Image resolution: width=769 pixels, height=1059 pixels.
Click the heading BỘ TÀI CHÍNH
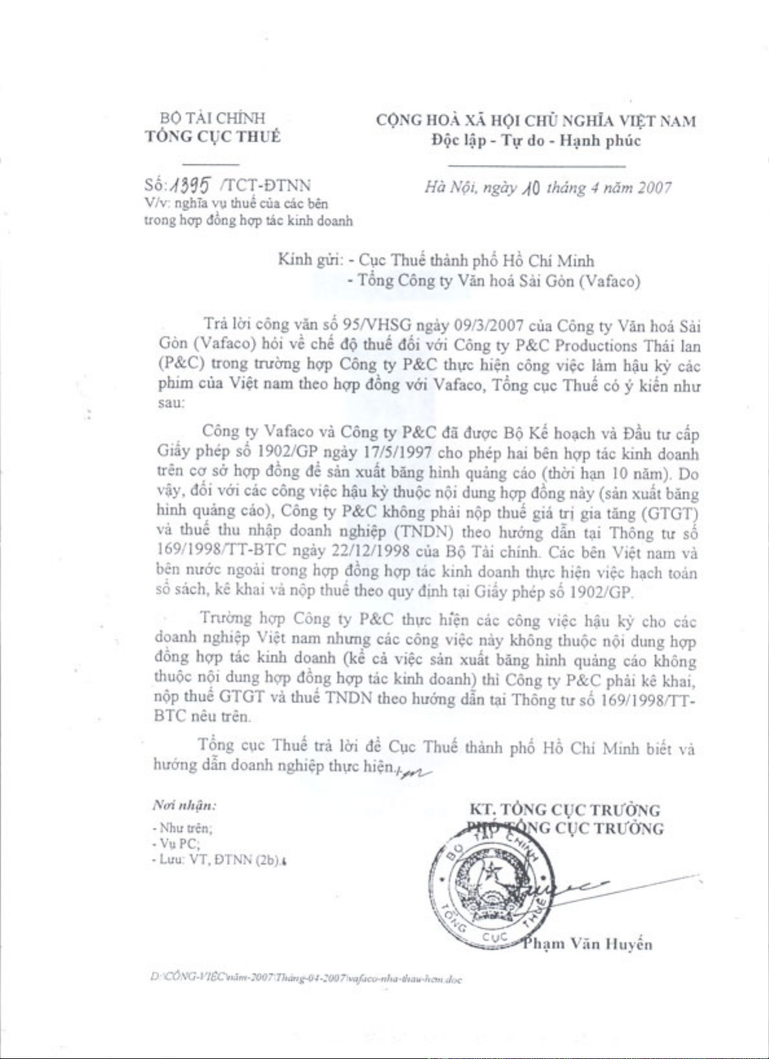pyautogui.click(x=213, y=118)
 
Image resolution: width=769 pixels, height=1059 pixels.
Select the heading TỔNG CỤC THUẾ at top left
pyautogui.click(x=213, y=136)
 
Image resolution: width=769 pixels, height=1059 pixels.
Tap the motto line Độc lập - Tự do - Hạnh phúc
pyautogui.click(x=536, y=140)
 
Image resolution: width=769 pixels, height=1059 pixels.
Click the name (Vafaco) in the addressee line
pyautogui.click(x=610, y=281)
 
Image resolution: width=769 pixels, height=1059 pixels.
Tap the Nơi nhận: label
pyautogui.click(x=184, y=805)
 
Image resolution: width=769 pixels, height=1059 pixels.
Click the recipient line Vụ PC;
pyautogui.click(x=177, y=844)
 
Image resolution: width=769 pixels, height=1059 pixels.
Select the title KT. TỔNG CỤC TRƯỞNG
pyautogui.click(x=565, y=810)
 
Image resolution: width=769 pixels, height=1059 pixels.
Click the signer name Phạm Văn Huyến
pyautogui.click(x=587, y=944)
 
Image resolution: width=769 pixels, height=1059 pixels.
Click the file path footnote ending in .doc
pyautogui.click(x=305, y=979)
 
